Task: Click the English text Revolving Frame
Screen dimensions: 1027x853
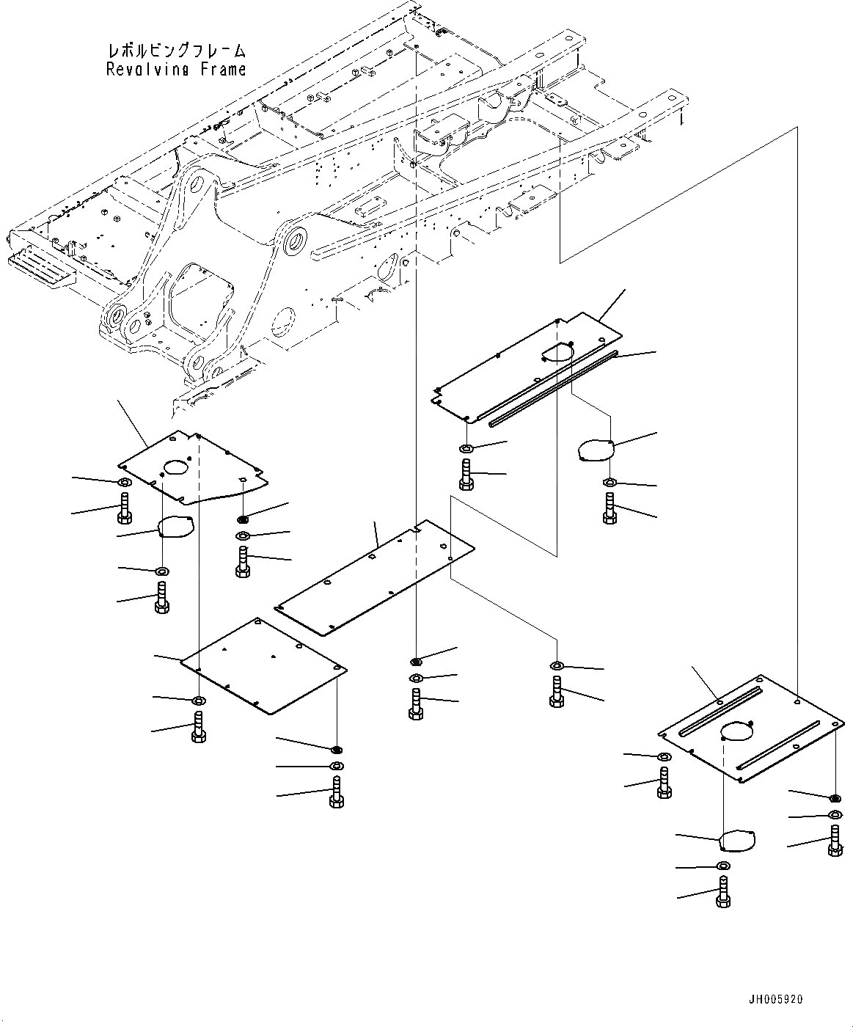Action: coord(176,70)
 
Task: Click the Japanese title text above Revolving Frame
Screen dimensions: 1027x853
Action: coord(176,51)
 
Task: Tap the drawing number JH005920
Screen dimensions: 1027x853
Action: coord(775,1000)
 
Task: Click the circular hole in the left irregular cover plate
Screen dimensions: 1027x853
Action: coord(177,467)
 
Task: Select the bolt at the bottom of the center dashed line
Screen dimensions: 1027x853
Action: coord(416,703)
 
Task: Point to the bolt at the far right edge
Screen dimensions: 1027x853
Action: coord(835,841)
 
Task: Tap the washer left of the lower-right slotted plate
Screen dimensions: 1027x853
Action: coord(663,756)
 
